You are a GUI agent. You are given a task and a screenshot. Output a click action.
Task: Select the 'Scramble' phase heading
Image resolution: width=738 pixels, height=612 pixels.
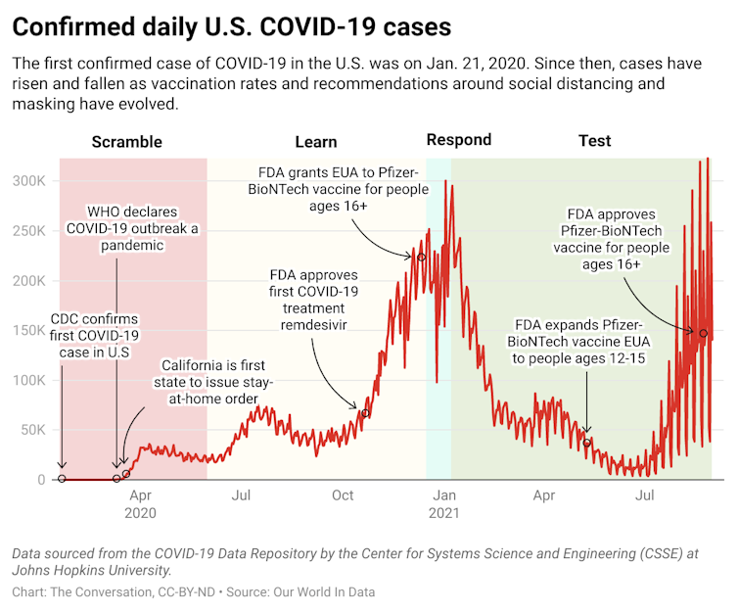pos(126,141)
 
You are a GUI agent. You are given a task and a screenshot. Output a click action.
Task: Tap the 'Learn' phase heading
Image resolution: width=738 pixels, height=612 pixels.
pos(315,141)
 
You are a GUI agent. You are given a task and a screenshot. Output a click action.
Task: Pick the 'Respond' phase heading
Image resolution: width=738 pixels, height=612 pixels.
pos(458,139)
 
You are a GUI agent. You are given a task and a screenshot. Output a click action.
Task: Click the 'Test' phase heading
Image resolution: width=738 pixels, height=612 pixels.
pos(594,141)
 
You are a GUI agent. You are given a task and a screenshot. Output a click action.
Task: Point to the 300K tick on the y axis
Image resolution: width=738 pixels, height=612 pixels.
pos(27,181)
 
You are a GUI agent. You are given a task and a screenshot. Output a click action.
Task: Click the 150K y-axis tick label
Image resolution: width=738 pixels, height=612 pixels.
pos(27,331)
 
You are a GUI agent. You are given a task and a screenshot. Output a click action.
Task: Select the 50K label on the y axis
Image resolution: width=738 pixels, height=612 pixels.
pos(31,430)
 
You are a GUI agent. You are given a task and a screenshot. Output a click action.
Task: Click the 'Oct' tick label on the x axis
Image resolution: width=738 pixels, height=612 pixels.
pos(343,495)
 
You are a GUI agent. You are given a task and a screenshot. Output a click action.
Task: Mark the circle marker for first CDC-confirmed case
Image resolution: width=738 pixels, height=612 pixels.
pos(62,479)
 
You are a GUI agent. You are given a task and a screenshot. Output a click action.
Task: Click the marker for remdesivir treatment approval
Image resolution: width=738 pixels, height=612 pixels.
pos(365,413)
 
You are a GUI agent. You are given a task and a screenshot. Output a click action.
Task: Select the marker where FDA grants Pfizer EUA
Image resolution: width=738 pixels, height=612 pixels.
pos(422,258)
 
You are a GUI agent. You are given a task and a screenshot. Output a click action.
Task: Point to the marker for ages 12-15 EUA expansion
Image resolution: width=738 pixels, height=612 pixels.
pos(587,442)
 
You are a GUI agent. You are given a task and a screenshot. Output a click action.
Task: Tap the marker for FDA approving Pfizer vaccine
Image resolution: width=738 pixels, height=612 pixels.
pos(703,333)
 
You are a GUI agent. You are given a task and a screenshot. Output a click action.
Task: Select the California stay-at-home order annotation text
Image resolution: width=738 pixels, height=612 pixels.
pos(212,382)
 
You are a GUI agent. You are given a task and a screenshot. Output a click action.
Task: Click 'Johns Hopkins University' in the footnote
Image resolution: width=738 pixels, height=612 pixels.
pos(92,570)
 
